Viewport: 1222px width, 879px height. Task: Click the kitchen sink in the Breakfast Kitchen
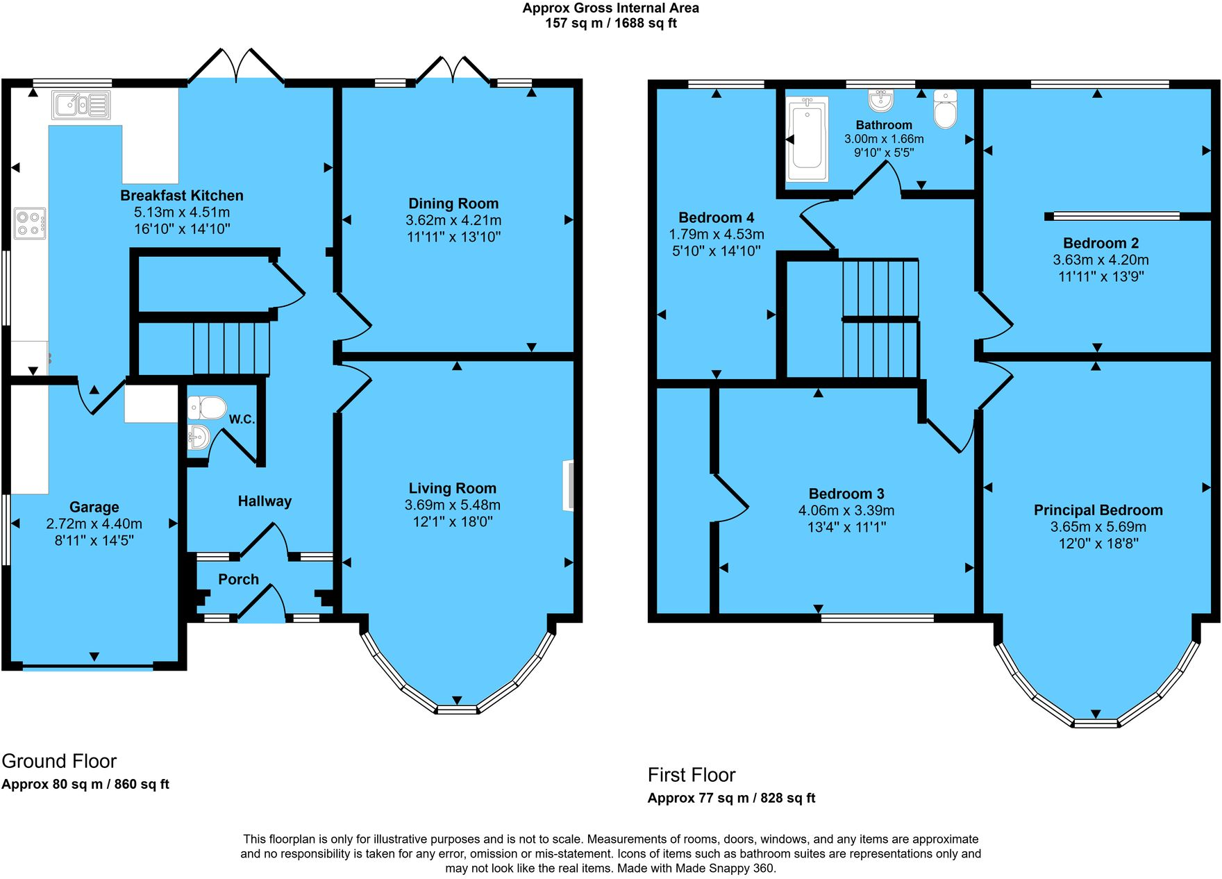pyautogui.click(x=81, y=106)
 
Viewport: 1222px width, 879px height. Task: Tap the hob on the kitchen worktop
pyautogui.click(x=30, y=224)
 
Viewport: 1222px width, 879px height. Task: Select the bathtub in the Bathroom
pyautogui.click(x=807, y=139)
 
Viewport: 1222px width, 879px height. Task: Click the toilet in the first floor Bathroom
pyautogui.click(x=945, y=109)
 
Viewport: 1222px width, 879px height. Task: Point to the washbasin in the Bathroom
pyautogui.click(x=880, y=100)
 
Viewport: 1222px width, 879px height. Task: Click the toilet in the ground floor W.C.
pyautogui.click(x=207, y=408)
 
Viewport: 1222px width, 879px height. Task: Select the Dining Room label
pyautogui.click(x=453, y=203)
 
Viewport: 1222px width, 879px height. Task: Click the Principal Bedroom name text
pyautogui.click(x=1098, y=510)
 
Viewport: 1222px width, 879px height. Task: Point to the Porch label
pyautogui.click(x=238, y=579)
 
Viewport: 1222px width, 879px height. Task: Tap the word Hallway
pyautogui.click(x=265, y=501)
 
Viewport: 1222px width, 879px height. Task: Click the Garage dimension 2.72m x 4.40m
pyautogui.click(x=94, y=524)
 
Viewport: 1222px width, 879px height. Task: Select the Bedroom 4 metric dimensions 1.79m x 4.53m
pyautogui.click(x=717, y=235)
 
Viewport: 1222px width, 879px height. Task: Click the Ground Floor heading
pyautogui.click(x=59, y=761)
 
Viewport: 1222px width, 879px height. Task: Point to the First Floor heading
pyautogui.click(x=692, y=775)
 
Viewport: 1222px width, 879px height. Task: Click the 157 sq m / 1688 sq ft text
pyautogui.click(x=611, y=23)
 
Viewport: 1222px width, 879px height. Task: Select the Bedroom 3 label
pyautogui.click(x=846, y=494)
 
